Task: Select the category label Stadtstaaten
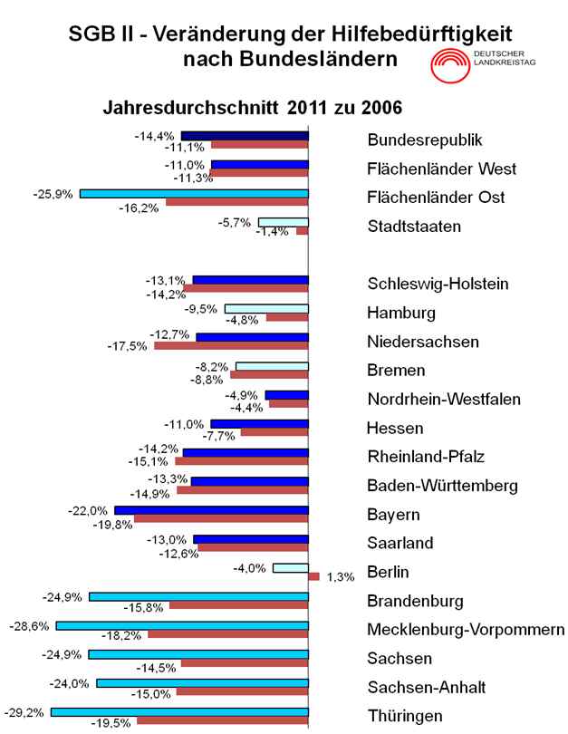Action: tap(413, 226)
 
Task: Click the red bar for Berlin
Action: tap(313, 576)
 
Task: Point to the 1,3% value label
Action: tap(333, 577)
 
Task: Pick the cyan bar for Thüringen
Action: tap(179, 712)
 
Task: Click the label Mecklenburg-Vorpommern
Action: tap(466, 630)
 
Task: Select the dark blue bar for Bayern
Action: tap(211, 511)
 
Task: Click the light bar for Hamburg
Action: tap(266, 309)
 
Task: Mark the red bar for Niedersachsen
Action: tap(231, 346)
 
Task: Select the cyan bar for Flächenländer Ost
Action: tap(194, 193)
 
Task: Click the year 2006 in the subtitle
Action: tap(381, 107)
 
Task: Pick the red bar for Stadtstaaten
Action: tap(303, 231)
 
